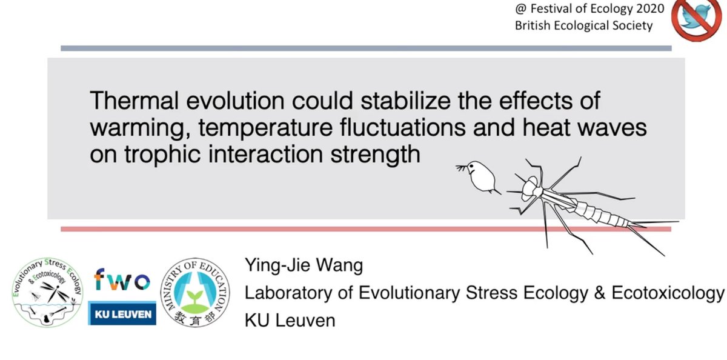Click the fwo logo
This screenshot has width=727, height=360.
(122, 281)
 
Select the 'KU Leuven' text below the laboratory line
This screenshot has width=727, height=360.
(290, 320)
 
